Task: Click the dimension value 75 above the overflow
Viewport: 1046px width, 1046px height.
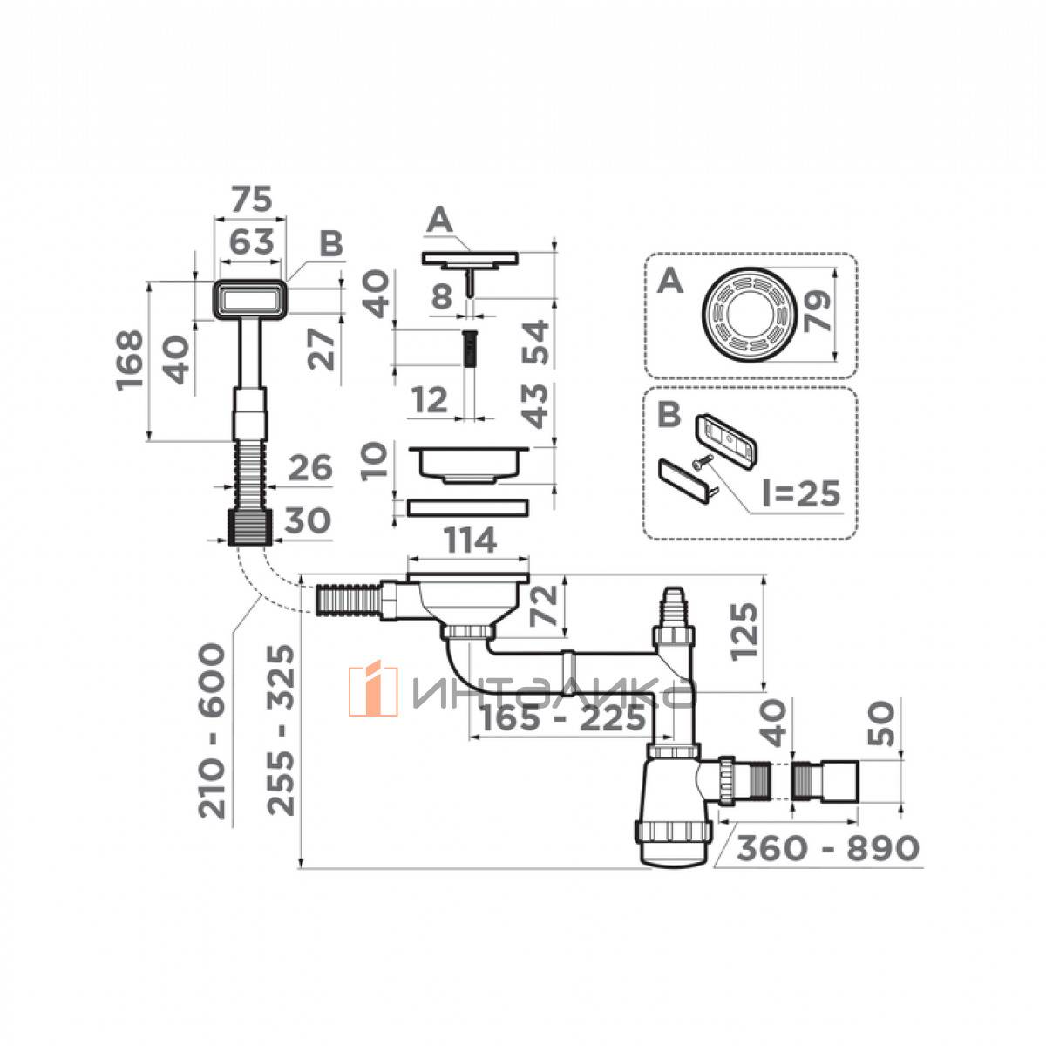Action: click(251, 200)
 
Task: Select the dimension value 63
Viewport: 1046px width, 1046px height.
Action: click(251, 241)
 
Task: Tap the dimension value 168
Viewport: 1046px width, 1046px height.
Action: click(130, 360)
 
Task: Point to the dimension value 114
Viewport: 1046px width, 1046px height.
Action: click(470, 540)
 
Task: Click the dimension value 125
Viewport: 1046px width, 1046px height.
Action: click(744, 631)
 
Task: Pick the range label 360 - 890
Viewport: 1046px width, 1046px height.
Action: click(828, 847)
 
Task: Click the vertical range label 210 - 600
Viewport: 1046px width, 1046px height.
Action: click(211, 731)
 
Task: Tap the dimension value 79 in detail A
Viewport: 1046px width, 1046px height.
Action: click(818, 311)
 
